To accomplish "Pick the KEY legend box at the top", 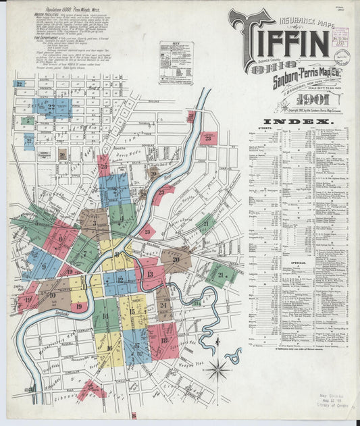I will [x=176, y=63].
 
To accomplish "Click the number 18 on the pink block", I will [x=165, y=340].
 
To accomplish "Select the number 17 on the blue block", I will [x=138, y=346].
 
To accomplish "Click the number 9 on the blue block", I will [x=44, y=265].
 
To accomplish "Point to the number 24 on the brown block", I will [x=164, y=305].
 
